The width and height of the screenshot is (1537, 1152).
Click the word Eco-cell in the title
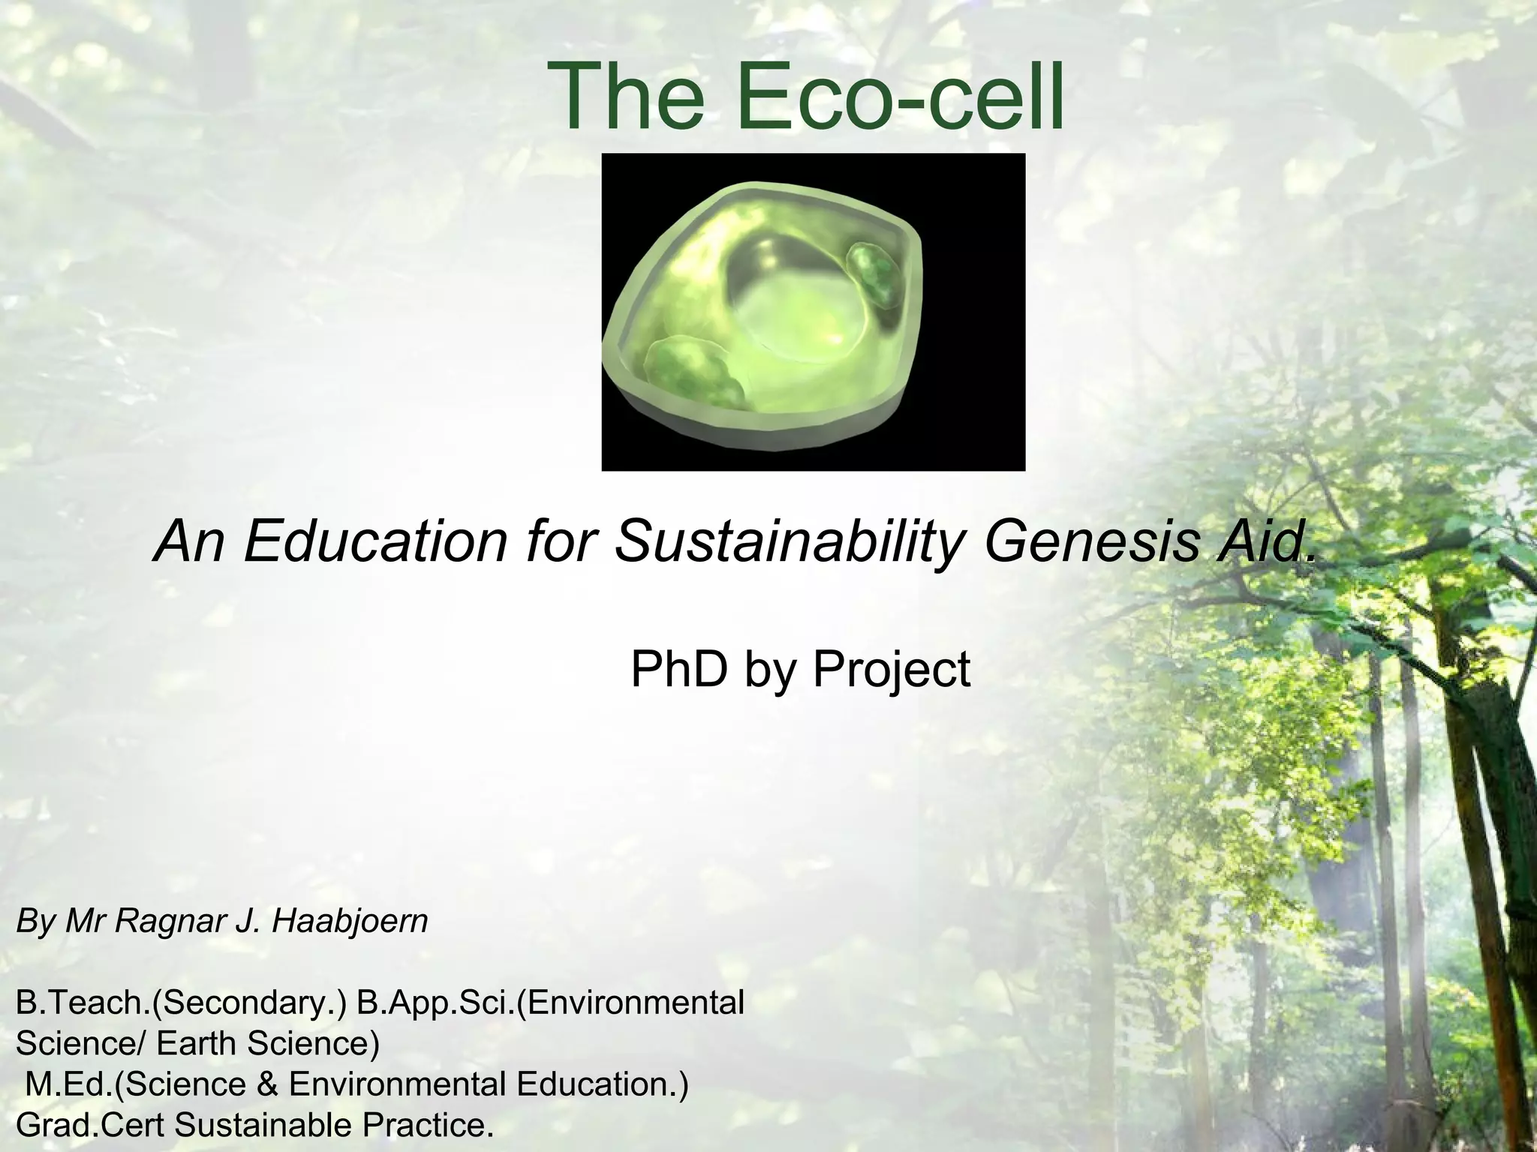pyautogui.click(x=900, y=97)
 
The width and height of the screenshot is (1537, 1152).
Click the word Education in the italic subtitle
pyautogui.click(x=375, y=541)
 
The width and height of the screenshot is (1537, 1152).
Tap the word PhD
pyautogui.click(x=678, y=669)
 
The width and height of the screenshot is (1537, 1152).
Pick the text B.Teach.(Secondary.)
pyautogui.click(x=180, y=1003)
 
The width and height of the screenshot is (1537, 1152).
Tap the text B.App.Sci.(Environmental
pyautogui.click(x=550, y=1003)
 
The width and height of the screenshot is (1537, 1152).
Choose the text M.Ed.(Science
pyautogui.click(x=135, y=1084)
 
